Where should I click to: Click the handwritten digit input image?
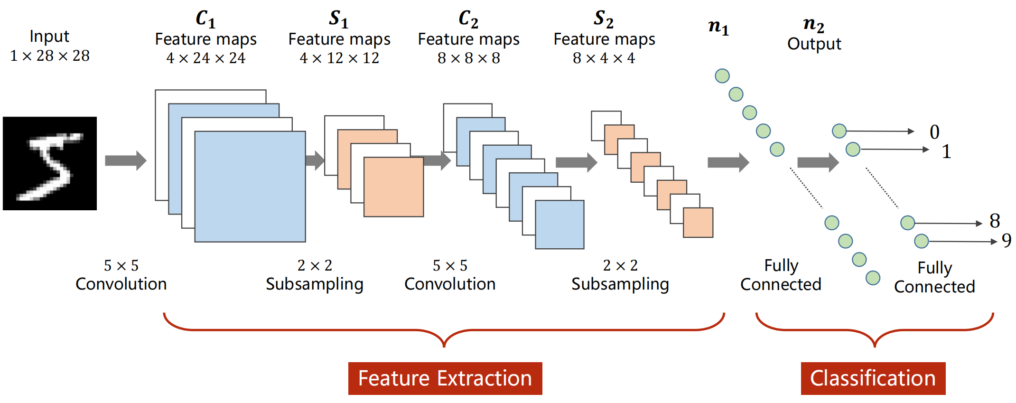click(50, 163)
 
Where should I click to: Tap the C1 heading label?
click(205, 19)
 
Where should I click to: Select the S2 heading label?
click(604, 19)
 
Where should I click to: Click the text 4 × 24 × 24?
click(205, 58)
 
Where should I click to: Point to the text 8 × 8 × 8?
click(468, 58)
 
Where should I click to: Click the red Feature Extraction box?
click(445, 378)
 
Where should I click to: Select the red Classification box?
click(873, 378)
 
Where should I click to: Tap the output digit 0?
click(934, 132)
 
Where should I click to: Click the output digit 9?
click(1006, 241)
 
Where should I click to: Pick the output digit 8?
click(995, 221)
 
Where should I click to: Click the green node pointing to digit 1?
click(853, 149)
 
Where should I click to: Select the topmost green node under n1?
click(722, 76)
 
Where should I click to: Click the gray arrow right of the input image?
click(125, 160)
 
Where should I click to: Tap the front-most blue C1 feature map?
click(250, 187)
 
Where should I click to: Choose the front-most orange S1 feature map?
click(393, 187)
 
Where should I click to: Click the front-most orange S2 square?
click(698, 223)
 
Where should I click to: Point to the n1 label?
click(718, 27)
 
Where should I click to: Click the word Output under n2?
click(814, 44)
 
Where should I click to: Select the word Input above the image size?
click(49, 36)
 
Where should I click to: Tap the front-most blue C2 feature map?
click(559, 225)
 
